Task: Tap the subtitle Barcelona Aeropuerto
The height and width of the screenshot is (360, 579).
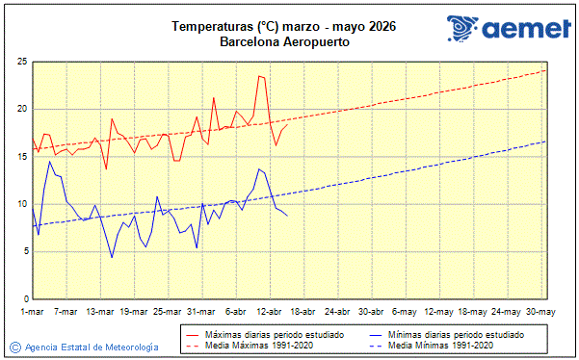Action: [284, 42]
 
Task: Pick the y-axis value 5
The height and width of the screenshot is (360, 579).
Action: [23, 251]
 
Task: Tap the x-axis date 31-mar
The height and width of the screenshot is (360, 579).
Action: [200, 312]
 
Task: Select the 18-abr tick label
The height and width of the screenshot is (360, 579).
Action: [303, 312]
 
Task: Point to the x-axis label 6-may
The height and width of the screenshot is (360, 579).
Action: [405, 312]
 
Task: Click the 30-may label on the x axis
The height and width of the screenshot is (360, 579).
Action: [540, 312]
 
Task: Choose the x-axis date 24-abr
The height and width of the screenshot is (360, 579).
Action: [336, 312]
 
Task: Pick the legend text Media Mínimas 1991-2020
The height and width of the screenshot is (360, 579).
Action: [444, 345]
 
